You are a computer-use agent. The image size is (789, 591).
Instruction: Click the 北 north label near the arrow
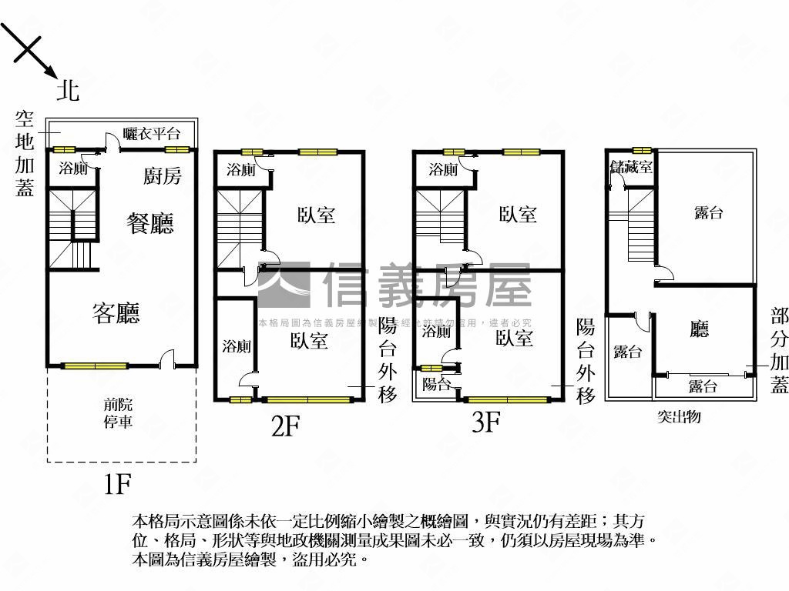(68, 92)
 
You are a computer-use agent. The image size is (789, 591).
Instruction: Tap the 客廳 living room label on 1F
(116, 313)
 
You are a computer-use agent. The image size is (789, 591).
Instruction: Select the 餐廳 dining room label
(150, 223)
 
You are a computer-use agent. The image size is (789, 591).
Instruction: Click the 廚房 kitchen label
(163, 176)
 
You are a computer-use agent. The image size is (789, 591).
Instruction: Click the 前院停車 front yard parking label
(119, 412)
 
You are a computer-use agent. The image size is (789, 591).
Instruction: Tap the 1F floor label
(119, 484)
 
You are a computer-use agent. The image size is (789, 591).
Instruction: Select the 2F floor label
(285, 425)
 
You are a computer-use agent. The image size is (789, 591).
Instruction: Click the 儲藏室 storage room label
(631, 166)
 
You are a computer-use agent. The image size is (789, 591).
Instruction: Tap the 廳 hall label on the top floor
(699, 330)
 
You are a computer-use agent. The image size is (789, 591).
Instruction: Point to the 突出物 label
(679, 417)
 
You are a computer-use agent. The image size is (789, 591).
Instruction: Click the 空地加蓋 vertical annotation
(25, 154)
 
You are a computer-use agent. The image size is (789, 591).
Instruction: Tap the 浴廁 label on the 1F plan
(74, 169)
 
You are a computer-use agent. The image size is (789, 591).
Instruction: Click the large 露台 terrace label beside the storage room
(709, 212)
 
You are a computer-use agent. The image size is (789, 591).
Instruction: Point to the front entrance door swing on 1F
(167, 358)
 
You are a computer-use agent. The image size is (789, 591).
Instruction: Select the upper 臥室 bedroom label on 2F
(317, 215)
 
